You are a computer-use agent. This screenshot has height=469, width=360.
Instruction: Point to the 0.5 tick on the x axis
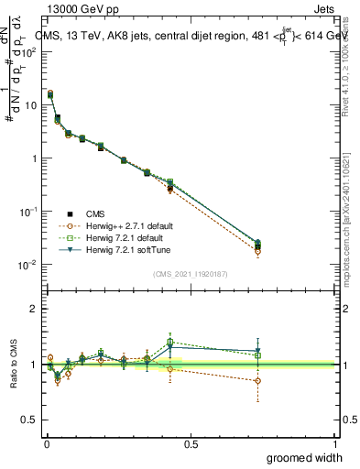coord(190,442)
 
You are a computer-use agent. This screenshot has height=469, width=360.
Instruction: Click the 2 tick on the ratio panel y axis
coord(34,309)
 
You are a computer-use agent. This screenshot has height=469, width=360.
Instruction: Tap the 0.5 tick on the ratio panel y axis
coord(31,420)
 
